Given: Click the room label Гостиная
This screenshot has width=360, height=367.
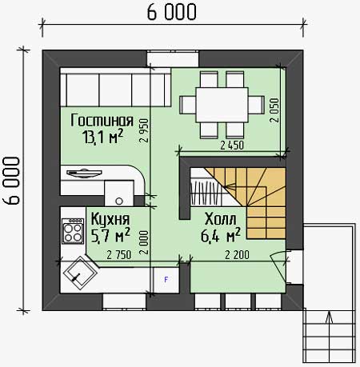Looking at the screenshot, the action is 102,121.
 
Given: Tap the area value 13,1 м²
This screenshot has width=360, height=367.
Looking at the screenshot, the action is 103,137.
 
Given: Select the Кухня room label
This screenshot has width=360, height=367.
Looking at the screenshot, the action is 110,219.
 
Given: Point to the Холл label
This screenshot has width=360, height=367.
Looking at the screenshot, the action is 220,219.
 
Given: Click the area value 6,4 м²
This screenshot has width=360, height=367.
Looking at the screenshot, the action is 221,235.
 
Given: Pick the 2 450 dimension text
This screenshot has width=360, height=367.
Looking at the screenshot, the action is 232,146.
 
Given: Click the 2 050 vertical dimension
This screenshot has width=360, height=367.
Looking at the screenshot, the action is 274,110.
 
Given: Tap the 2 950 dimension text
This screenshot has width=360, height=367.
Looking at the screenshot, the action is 144,130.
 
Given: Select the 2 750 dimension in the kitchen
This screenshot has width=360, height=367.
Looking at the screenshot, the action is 119,255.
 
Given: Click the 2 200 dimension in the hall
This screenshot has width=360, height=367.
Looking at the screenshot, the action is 237,255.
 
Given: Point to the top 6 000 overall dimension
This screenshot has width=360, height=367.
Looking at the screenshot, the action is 172,12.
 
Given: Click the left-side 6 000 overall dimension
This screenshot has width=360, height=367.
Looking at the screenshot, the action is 11,181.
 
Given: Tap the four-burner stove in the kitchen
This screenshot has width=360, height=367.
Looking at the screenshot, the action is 73,231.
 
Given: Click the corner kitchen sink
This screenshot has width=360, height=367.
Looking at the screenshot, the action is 79,273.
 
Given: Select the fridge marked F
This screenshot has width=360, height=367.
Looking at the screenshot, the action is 166,280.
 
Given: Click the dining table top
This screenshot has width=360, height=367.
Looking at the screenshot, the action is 222,105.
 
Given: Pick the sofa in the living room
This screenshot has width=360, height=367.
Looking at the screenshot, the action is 115,87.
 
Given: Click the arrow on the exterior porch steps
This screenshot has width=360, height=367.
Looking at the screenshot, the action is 330,317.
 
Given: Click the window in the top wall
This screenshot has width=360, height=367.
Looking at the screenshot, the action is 173,58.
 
